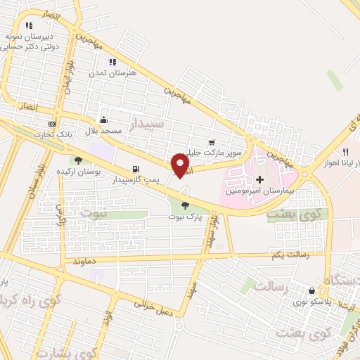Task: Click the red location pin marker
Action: [x=181, y=165]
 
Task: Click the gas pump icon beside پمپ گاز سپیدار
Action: [x=135, y=169]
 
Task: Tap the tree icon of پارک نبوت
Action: [x=185, y=205]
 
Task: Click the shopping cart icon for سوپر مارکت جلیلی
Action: [x=212, y=142]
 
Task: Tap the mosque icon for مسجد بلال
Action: [x=104, y=119]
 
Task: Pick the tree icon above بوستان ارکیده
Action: [x=78, y=160]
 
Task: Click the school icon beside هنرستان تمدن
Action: [x=112, y=62]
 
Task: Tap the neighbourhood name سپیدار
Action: [x=148, y=125]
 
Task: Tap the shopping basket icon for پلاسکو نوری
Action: [x=311, y=290]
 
